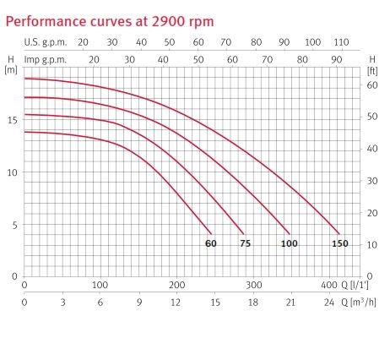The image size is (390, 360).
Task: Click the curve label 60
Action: point(211,243)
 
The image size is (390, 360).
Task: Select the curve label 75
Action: point(246,243)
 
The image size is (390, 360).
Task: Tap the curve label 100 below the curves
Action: point(290,243)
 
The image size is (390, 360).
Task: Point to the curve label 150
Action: point(340,243)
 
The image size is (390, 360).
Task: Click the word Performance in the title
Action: point(46,22)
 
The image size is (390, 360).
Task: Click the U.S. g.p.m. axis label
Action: point(46,42)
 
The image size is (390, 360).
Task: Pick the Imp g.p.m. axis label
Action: point(46,60)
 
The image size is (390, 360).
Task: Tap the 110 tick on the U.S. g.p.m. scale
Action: point(341,42)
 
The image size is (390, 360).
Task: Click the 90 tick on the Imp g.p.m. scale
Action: point(337,60)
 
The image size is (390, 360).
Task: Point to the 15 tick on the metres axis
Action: point(13,120)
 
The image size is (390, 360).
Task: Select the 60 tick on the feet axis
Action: point(372,85)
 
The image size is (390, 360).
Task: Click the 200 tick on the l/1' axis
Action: point(176,285)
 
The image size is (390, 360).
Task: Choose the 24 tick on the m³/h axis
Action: point(328,303)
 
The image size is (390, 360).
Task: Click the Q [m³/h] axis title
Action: point(359,303)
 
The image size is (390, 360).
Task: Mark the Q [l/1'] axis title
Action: point(355,285)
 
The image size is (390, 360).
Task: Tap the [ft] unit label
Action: point(372,71)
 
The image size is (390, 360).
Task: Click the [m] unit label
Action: point(11,70)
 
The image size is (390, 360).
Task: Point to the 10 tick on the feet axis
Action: point(372,244)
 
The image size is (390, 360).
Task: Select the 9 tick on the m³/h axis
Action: point(139,303)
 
